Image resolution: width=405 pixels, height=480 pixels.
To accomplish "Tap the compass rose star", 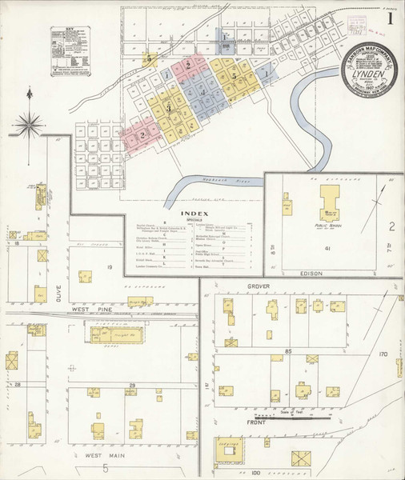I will click(x=33, y=123).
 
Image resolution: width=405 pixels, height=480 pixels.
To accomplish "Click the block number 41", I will click(x=328, y=249).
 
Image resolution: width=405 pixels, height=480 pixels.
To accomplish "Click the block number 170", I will click(x=383, y=353).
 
